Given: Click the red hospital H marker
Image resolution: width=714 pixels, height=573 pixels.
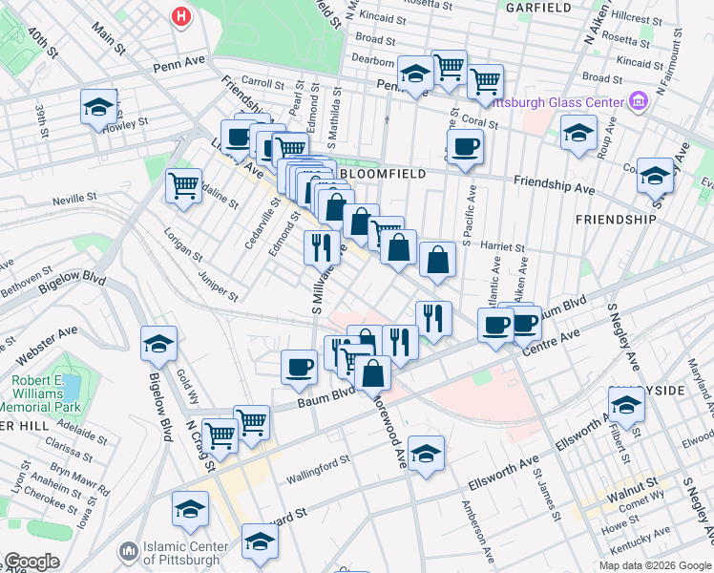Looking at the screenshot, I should pos(180,16).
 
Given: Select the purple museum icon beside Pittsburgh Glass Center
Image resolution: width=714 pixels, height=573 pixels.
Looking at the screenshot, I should pos(639,99).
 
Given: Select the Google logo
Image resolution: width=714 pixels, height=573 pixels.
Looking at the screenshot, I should pos(31,562).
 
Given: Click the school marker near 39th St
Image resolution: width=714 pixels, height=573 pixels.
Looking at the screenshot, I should pos(98,108).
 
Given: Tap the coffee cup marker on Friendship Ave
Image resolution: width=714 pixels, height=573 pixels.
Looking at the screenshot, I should pos(465,147).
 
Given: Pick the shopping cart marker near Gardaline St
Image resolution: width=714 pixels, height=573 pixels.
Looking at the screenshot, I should pos(183,185).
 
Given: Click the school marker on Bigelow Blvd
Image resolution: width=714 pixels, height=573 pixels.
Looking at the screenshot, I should pos(159,345).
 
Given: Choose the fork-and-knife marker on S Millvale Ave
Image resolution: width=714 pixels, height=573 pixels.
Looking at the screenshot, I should pos(323,247).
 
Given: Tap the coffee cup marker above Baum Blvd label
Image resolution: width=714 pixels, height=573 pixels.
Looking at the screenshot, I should pos(300,367).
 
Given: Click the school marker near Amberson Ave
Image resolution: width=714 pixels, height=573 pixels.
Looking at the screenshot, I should pos(426,453).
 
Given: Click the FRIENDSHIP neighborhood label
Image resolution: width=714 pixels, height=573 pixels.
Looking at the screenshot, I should pos(616,219).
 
